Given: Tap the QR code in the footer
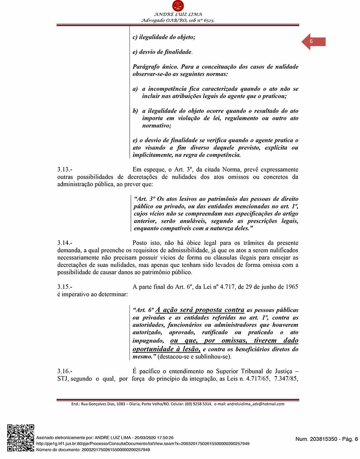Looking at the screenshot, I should [x=21, y=438].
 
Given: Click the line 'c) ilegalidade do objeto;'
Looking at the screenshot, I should [x=164, y=37].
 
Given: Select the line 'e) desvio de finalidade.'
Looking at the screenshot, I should [x=162, y=52].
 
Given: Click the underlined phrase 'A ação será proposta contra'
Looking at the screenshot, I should [x=200, y=310].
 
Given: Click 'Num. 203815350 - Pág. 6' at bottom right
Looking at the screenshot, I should [x=327, y=439].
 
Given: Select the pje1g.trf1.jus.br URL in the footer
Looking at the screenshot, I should [x=143, y=444].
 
